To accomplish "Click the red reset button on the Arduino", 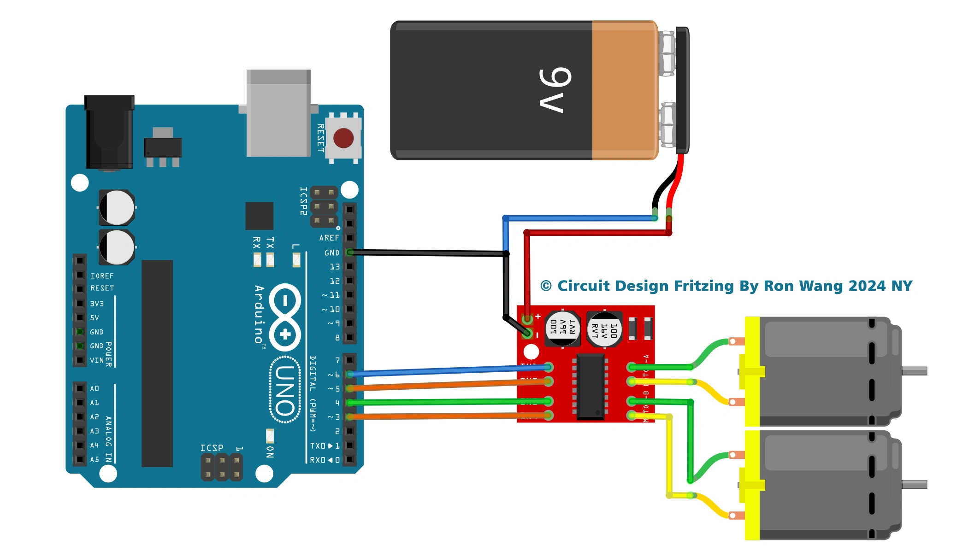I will click(343, 138).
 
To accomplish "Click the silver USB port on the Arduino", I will click(278, 113).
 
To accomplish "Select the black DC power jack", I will click(109, 133).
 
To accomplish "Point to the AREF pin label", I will click(329, 238).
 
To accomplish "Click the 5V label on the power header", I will click(94, 318).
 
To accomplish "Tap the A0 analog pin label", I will click(94, 389).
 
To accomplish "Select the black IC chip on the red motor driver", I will click(590, 387).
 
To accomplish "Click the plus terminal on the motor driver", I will click(527, 318).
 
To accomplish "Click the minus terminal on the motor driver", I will click(527, 334).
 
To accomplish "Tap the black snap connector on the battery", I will click(682, 90).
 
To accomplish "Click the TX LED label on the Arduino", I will click(270, 243).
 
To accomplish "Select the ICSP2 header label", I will click(303, 201).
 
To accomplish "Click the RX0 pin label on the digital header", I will click(325, 460).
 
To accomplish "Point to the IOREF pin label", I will click(102, 276).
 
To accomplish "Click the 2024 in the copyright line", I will click(867, 286).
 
